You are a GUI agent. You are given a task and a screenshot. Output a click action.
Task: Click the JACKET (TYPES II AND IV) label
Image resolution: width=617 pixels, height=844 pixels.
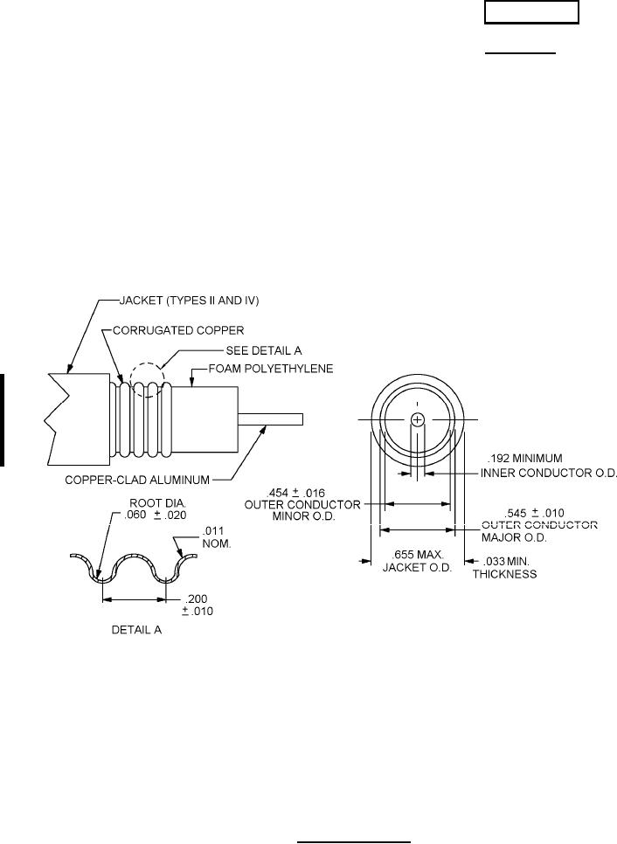(x=189, y=301)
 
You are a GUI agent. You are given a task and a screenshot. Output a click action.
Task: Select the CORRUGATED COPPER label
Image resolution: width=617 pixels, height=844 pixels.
(x=178, y=330)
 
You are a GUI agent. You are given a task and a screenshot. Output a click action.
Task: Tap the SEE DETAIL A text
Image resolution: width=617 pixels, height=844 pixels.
(x=263, y=350)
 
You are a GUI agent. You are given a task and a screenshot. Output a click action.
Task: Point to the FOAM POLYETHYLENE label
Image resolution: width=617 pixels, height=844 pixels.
(x=271, y=369)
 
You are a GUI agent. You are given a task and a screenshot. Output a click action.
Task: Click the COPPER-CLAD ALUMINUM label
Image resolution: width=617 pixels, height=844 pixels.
(x=137, y=480)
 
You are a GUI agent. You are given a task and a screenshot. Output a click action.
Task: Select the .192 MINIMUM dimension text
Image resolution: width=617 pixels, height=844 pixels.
(x=525, y=459)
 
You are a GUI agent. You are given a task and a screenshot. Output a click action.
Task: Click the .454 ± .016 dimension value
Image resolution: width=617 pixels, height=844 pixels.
(x=295, y=493)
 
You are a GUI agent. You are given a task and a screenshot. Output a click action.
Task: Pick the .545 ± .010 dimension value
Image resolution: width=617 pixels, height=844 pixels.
(x=534, y=513)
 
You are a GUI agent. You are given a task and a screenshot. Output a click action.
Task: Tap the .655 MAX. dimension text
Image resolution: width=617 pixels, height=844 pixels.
(x=417, y=555)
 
